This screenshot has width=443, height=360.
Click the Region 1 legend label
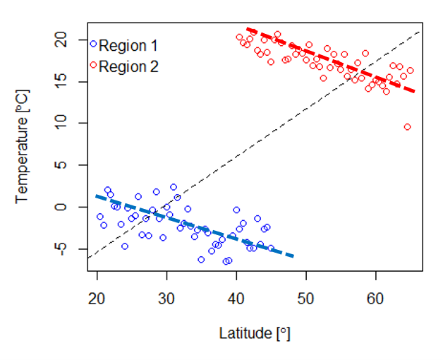pos(128,46)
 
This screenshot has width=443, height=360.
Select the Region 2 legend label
pos(128,66)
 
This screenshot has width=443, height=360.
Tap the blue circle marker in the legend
pos(93,44)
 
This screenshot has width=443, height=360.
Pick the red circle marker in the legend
pos(93,65)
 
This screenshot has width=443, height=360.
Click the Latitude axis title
pos(255,332)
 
